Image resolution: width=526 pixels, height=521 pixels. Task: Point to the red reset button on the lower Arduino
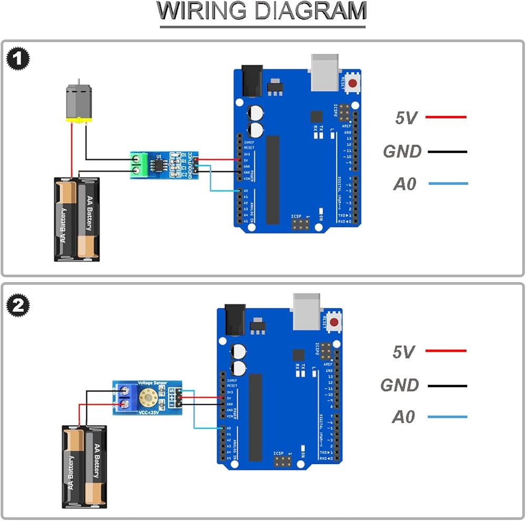333,321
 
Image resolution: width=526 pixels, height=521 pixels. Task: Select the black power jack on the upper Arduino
251,80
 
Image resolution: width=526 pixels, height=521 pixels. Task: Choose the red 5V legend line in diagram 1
446,117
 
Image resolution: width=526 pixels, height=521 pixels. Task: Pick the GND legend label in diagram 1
402,152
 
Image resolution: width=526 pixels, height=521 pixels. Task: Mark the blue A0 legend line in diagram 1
448,184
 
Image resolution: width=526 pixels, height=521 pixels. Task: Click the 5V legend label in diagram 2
403,352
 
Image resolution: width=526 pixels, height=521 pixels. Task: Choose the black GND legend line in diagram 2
447,386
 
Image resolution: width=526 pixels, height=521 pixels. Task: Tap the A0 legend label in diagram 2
403,417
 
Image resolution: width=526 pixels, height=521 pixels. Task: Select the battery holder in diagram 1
77,219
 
